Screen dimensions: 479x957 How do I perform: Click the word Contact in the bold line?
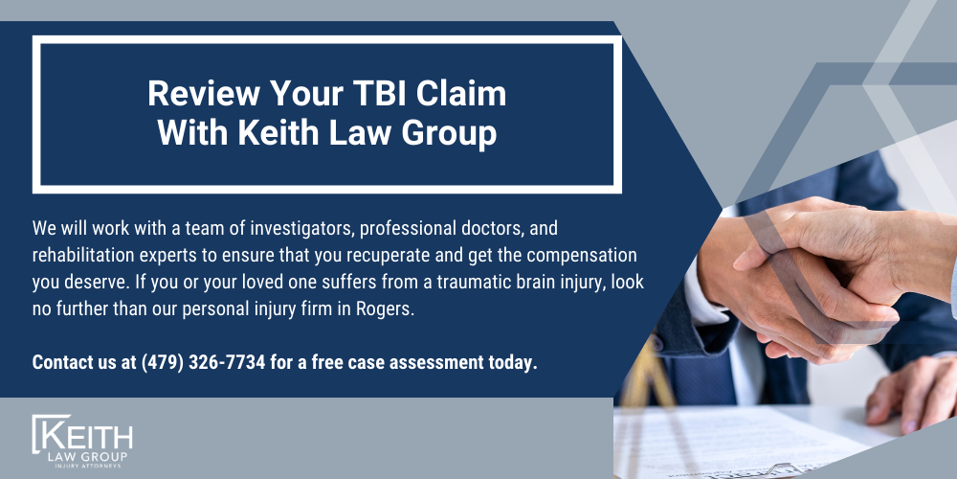[x=62, y=363]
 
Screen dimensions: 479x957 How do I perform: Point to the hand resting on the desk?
[x=909, y=393]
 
